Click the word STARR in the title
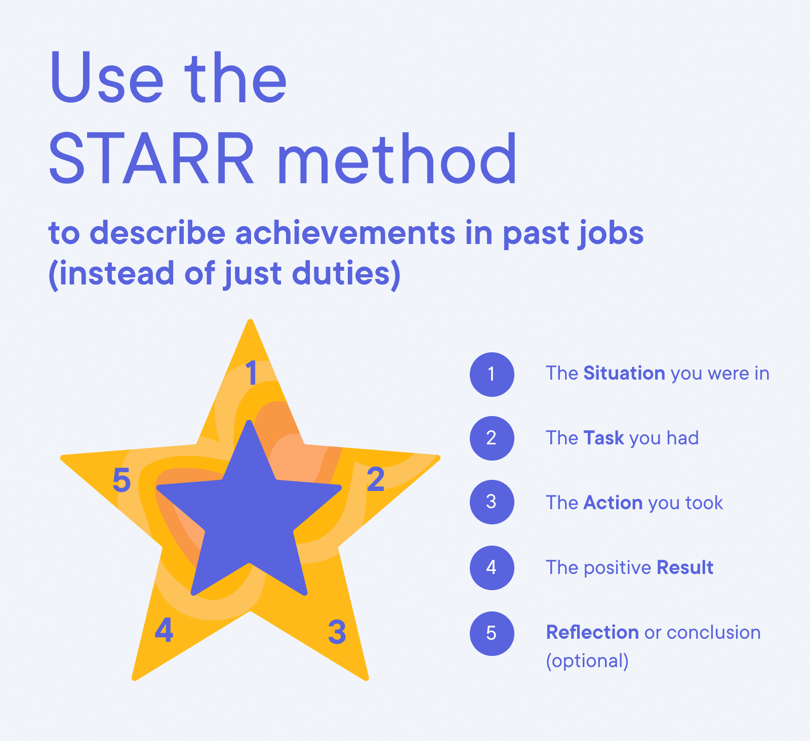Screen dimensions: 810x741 coord(151,158)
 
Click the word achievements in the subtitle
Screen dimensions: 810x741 coord(346,233)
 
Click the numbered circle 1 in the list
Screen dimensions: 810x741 coord(492,375)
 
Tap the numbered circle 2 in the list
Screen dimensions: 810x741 coord(492,438)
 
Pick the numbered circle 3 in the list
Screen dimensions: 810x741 coord(492,502)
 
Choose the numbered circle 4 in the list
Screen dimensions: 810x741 coord(492,567)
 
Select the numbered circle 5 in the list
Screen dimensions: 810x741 coord(492,634)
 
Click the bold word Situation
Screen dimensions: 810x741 coord(624,374)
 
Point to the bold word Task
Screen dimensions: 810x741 coord(603,438)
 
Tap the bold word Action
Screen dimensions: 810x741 coord(613,503)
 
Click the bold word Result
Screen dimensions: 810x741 coord(685,568)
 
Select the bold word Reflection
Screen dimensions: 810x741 coord(592,633)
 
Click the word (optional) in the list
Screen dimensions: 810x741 coord(587,661)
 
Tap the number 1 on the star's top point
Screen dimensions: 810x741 coord(251,374)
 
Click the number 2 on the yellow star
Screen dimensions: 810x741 coord(376,480)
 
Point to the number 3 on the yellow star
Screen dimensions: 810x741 coord(337,632)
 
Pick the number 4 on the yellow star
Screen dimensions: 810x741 coord(164,631)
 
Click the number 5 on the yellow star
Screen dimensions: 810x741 coord(121,480)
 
